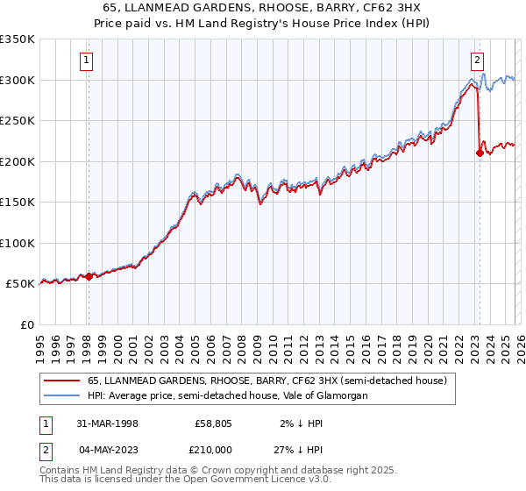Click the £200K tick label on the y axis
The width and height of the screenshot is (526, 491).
click(x=18, y=161)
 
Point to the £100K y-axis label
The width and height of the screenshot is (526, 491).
click(x=18, y=243)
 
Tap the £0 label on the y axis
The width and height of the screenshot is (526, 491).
click(x=28, y=324)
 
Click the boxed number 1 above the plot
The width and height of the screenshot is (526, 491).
click(x=88, y=60)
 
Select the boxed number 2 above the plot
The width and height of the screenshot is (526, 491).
click(x=477, y=60)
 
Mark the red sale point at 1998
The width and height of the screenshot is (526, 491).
click(x=89, y=276)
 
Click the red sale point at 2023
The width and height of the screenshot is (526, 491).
click(x=479, y=153)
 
